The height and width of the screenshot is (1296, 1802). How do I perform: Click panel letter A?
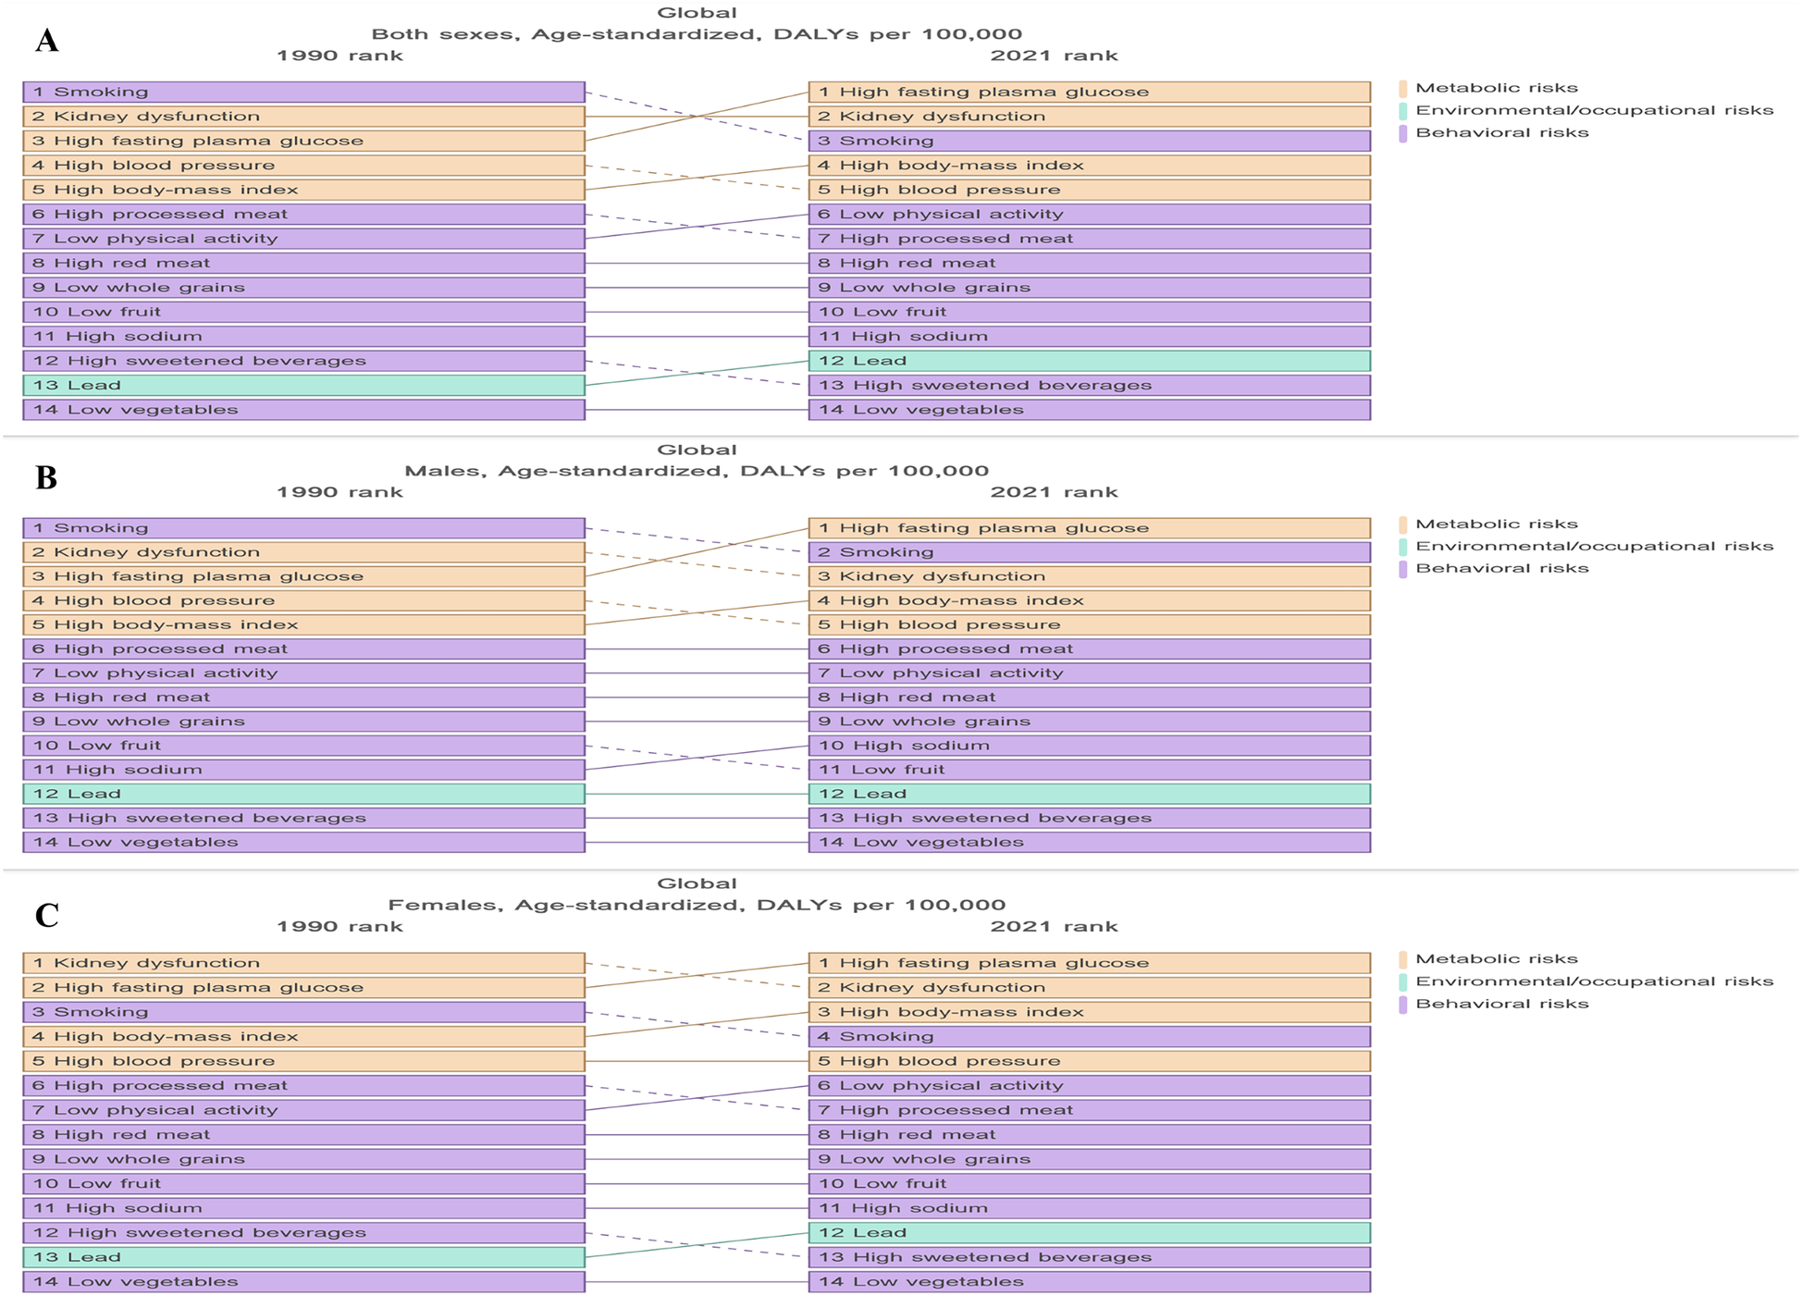[x=46, y=41]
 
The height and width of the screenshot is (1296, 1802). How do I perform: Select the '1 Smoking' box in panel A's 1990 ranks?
[x=303, y=92]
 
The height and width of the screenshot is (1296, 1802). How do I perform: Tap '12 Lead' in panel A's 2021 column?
[x=1089, y=361]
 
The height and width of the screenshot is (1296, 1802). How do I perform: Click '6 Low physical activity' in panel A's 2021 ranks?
[x=1089, y=214]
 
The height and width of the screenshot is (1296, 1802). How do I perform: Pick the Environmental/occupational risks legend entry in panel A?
[x=1593, y=110]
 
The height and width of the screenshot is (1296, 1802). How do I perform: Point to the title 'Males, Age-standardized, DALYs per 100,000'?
[x=697, y=471]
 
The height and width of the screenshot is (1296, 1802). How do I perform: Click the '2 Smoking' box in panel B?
[x=1089, y=552]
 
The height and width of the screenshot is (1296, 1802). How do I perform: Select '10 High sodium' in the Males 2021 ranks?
[x=1089, y=746]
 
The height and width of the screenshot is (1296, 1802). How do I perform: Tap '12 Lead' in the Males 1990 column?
[x=303, y=794]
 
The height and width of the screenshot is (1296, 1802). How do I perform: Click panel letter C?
[x=46, y=915]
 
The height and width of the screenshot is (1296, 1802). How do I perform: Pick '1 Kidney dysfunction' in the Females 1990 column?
[x=303, y=963]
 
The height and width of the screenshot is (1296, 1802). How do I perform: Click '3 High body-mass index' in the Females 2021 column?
[x=1089, y=1012]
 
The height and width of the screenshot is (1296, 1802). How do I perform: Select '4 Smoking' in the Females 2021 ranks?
[x=1089, y=1036]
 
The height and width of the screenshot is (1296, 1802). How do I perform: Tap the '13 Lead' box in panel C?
[x=303, y=1257]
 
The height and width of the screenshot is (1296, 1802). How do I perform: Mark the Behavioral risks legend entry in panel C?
[x=1501, y=1004]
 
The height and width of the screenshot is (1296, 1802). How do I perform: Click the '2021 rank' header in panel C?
[x=1054, y=926]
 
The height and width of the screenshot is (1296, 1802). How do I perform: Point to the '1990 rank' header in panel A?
[x=339, y=56]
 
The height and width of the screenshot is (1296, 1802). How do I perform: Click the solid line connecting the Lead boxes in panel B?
[x=697, y=794]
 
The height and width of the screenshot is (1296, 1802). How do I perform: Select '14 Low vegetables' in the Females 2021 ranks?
[x=1089, y=1281]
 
